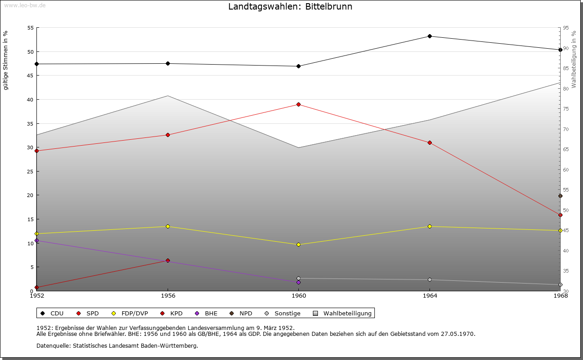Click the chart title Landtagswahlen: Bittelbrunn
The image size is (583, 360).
click(x=290, y=6)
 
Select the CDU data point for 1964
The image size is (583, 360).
click(x=430, y=36)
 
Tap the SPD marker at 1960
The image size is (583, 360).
click(x=298, y=104)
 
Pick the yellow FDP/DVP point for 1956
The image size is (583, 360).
click(x=168, y=226)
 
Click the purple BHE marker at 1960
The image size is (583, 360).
click(x=298, y=282)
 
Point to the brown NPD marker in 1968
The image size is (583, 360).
click(x=560, y=196)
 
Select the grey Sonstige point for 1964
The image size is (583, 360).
click(x=430, y=279)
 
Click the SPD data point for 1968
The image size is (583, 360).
click(x=560, y=215)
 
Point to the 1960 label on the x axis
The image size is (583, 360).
click(x=298, y=296)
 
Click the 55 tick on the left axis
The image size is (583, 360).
click(x=31, y=28)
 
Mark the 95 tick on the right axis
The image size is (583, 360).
click(x=566, y=28)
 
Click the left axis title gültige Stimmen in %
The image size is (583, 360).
click(x=6, y=60)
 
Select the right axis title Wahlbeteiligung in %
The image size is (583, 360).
click(x=574, y=59)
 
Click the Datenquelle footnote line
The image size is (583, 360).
click(x=117, y=345)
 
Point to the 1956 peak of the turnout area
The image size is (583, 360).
click(x=168, y=96)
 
